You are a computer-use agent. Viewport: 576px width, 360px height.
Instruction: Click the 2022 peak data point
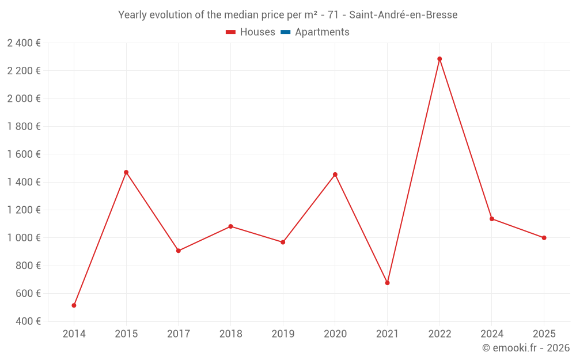pos(439,59)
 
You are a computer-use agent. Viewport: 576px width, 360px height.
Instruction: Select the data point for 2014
pos(74,305)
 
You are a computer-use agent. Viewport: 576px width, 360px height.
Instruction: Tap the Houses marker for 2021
pos(387,283)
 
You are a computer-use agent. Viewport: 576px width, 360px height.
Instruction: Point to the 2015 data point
pos(126,172)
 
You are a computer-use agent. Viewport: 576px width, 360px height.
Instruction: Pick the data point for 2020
pos(335,175)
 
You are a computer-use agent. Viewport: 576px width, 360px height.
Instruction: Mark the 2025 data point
pos(544,238)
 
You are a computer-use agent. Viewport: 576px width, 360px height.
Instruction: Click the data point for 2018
pos(230,226)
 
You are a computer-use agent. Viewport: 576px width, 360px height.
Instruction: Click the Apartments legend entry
pos(322,32)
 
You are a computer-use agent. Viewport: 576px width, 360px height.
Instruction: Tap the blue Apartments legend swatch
pos(285,32)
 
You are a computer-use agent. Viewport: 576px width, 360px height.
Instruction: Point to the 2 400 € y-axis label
pos(24,43)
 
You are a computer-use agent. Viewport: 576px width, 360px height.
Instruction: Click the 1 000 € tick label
pos(24,238)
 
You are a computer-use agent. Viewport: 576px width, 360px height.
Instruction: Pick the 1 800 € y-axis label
pos(24,126)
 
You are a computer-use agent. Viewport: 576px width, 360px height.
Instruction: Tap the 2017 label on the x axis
pos(178,334)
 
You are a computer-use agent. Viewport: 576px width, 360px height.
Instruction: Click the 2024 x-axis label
pos(491,334)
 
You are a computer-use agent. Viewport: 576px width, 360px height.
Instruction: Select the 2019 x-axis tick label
pos(283,334)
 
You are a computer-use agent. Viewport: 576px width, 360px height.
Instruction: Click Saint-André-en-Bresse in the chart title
pos(403,15)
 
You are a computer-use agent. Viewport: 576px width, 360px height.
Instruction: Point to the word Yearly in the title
pos(132,15)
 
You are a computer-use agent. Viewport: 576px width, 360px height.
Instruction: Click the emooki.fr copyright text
pos(526,348)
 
